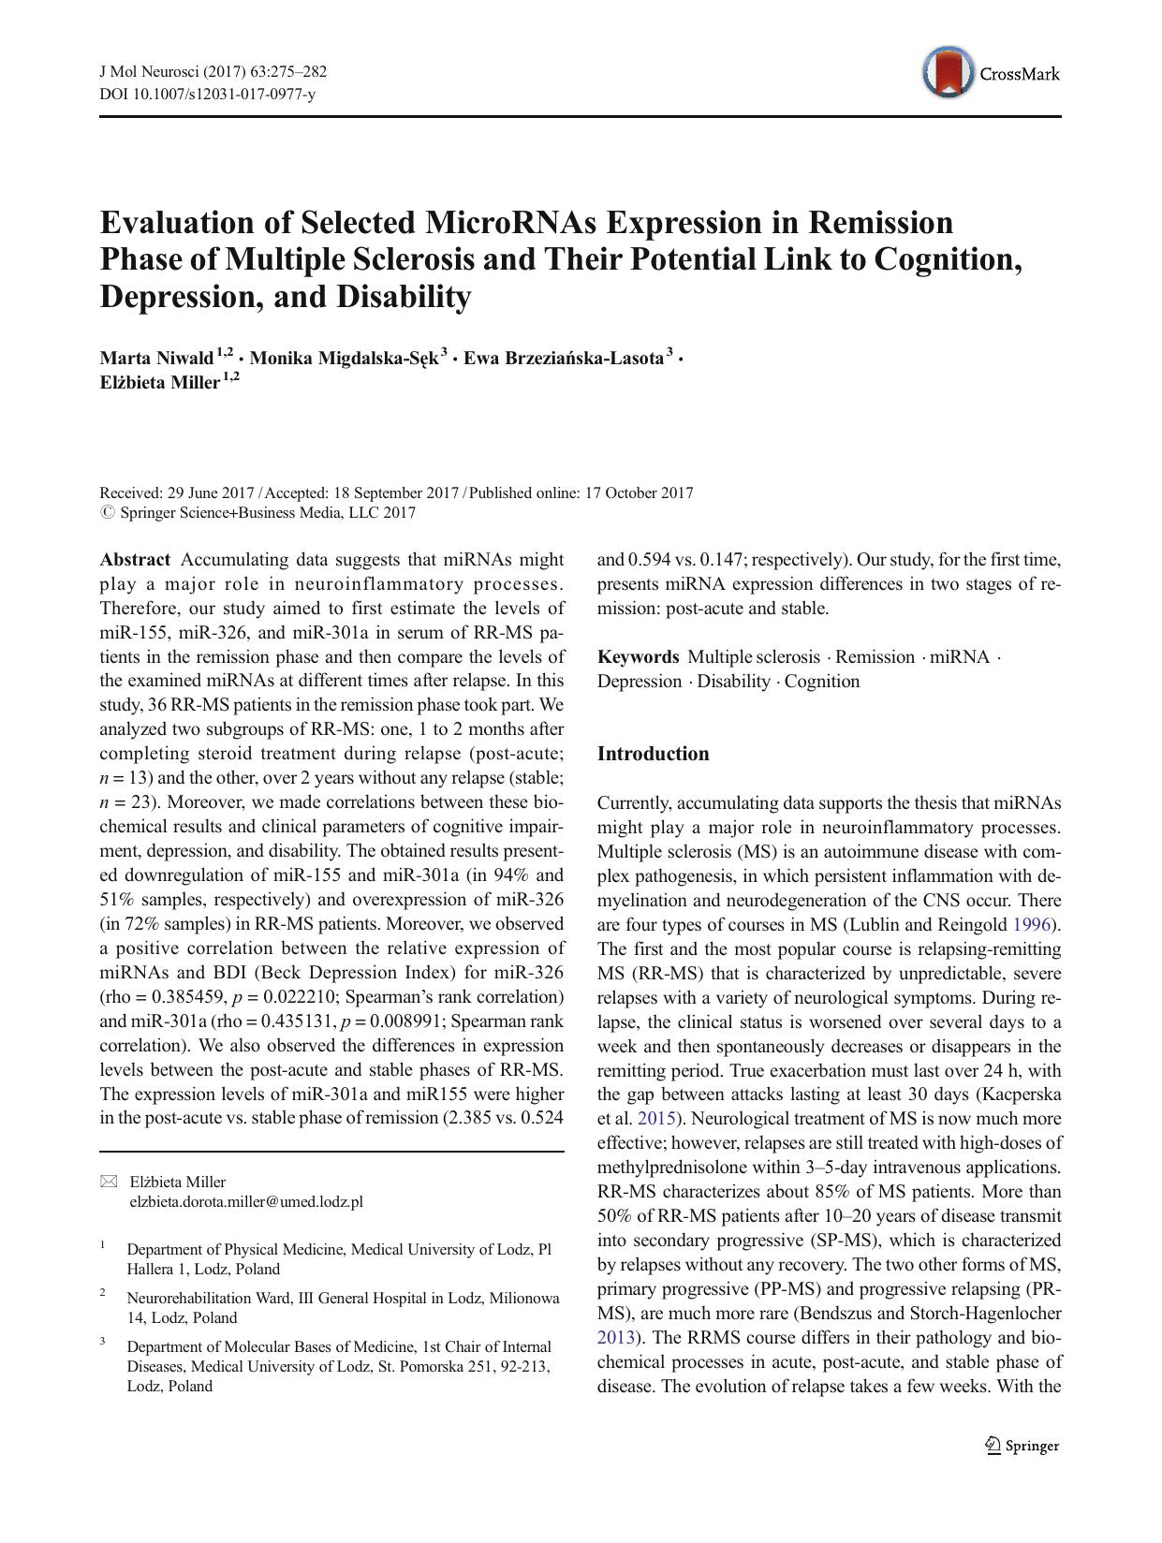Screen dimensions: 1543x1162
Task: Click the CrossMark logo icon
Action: (947, 73)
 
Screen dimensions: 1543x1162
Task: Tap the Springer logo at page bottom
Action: (1022, 1446)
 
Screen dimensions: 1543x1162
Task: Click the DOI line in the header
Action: (207, 94)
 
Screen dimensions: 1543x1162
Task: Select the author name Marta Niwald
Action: (156, 358)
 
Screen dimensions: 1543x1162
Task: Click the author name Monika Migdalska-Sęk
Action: (344, 358)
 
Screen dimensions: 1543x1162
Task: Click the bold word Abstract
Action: (135, 560)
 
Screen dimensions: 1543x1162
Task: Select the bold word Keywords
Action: (638, 656)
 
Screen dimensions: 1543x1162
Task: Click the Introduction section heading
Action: (653, 754)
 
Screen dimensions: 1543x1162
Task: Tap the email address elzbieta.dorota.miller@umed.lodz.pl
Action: (245, 1201)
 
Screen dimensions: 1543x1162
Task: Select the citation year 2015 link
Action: (656, 1119)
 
